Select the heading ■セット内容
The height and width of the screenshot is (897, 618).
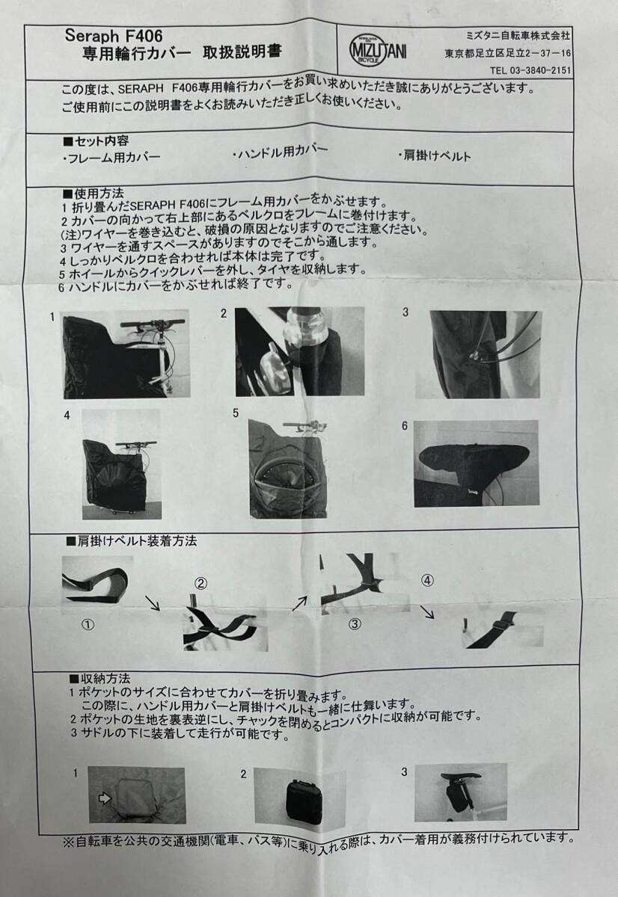pos(96,141)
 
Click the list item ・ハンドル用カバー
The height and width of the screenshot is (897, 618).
pos(280,151)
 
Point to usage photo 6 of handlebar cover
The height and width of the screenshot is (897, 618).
pos(476,463)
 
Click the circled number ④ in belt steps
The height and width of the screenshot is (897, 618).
pos(427,579)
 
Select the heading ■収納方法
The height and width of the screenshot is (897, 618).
pos(99,679)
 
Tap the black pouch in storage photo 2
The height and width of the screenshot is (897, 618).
pos(302,795)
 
